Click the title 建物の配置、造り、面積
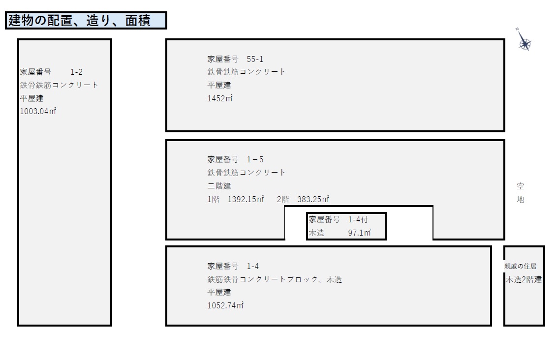(x=80, y=21)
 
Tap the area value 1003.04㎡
(x=38, y=111)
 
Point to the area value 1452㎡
(x=219, y=98)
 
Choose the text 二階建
(x=219, y=186)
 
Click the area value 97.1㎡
(x=359, y=233)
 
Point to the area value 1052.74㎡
(x=225, y=305)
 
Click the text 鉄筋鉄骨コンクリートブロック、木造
(x=275, y=279)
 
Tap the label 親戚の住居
(x=521, y=266)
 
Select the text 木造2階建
(x=524, y=279)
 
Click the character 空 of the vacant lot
(x=521, y=186)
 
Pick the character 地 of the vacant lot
(x=521, y=199)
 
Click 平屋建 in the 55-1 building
(x=219, y=85)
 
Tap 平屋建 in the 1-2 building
(x=31, y=98)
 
